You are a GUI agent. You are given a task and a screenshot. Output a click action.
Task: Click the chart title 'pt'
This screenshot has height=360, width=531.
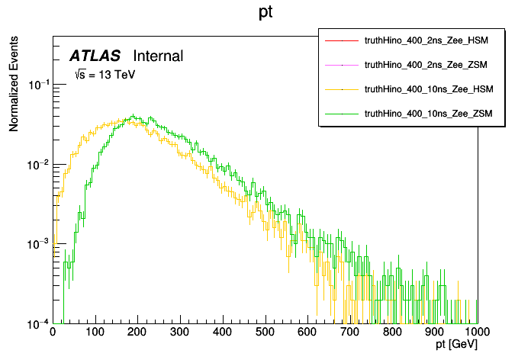point(265,14)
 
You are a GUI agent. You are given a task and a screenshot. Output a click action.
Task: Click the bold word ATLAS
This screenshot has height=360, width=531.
point(95,56)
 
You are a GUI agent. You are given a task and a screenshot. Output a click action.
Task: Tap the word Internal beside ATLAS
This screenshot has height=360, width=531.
point(158,56)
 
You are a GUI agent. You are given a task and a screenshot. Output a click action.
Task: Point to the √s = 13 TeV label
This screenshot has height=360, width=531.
point(104,75)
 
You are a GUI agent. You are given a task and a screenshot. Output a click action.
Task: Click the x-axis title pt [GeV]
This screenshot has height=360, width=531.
point(455,346)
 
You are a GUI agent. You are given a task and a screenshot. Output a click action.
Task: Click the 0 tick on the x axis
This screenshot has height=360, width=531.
point(53,333)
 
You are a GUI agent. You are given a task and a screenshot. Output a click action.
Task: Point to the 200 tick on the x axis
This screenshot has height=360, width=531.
point(137,333)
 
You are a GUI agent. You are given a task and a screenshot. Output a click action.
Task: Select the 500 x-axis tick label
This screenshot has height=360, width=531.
point(265,333)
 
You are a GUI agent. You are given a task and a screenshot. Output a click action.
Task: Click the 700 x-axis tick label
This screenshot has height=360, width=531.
point(350,333)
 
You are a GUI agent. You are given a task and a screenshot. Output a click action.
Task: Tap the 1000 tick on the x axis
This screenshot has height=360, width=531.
point(476,333)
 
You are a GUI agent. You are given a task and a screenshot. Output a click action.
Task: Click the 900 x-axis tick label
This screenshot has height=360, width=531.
point(435,333)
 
